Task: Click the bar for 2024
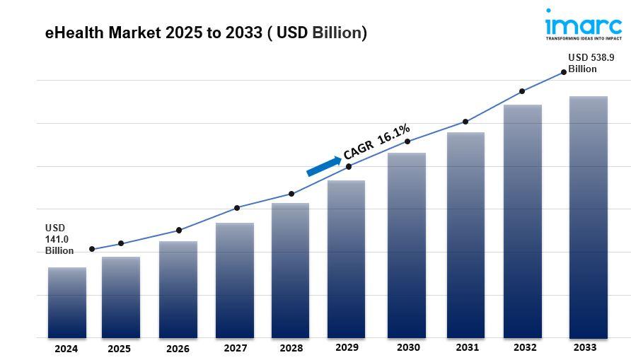pyautogui.click(x=67, y=302)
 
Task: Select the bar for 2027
pyautogui.click(x=235, y=280)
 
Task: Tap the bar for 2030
pyautogui.click(x=407, y=245)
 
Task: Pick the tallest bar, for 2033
pyautogui.click(x=589, y=216)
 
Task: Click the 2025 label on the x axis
pyautogui.click(x=119, y=349)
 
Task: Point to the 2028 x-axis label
pyautogui.click(x=291, y=349)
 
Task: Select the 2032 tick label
pyautogui.click(x=524, y=348)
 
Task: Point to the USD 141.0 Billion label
pyautogui.click(x=59, y=239)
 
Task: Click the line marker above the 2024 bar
pyautogui.click(x=92, y=249)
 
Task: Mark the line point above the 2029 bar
pyautogui.click(x=349, y=167)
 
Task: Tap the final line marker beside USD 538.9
pyautogui.click(x=564, y=71)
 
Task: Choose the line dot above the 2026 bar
pyautogui.click(x=179, y=230)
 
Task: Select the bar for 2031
pyautogui.click(x=465, y=235)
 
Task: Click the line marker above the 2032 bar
pyautogui.click(x=522, y=91)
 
